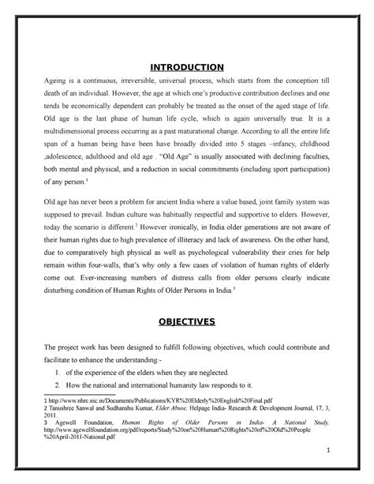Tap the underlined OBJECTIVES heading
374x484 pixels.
pyautogui.click(x=187, y=300)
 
